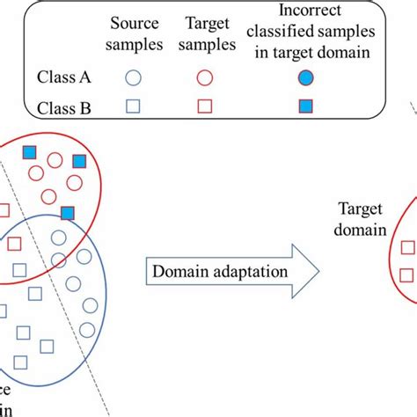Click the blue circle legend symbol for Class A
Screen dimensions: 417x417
click(x=133, y=77)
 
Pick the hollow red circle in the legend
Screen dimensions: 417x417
click(x=204, y=77)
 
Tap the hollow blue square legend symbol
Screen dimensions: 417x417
click(x=133, y=107)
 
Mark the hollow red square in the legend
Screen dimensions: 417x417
click(x=204, y=107)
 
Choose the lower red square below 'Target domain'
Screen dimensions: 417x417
click(x=406, y=274)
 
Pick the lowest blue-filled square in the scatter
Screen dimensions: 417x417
click(x=68, y=212)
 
